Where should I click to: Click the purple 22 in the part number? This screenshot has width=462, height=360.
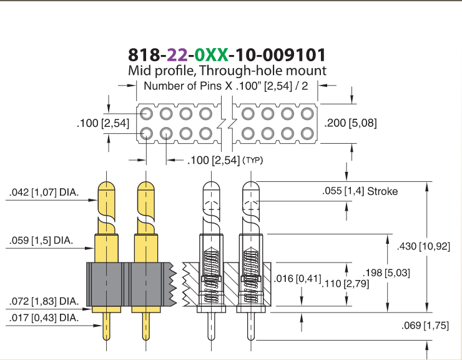point(177,55)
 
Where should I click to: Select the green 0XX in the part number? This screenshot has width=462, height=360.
point(211,55)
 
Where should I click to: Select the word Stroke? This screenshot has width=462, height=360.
point(383,191)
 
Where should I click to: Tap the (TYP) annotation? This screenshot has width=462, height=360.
point(253,160)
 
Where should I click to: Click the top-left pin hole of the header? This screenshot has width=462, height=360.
point(147,114)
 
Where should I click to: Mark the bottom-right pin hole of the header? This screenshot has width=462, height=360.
point(307,134)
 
